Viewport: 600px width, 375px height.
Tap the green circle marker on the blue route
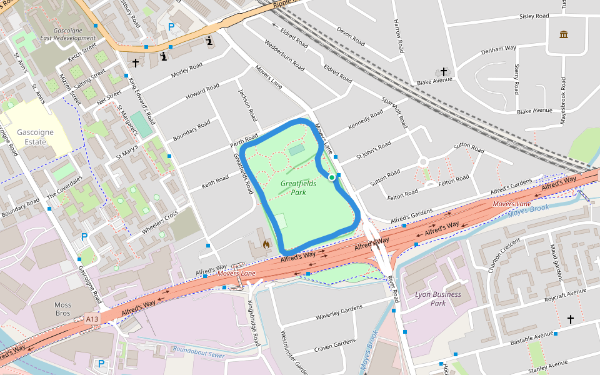click(332, 177)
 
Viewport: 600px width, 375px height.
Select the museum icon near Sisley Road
click(564, 34)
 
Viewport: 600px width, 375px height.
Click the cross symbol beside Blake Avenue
click(444, 72)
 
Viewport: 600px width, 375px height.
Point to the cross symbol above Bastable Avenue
click(570, 319)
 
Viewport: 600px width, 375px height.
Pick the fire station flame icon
click(266, 245)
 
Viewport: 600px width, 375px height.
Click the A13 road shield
click(92, 319)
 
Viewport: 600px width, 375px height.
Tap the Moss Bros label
click(62, 309)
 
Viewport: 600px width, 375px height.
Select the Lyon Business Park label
click(438, 299)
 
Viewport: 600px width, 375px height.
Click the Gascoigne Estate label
click(32, 137)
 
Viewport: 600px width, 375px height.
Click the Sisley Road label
click(534, 16)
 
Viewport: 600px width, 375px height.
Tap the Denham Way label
click(502, 48)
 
